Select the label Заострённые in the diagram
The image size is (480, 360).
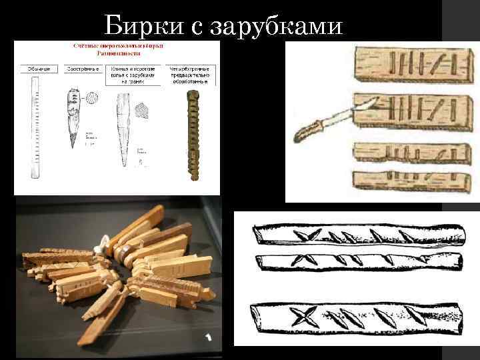(x=83, y=69)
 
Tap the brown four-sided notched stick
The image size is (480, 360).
(x=194, y=137)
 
